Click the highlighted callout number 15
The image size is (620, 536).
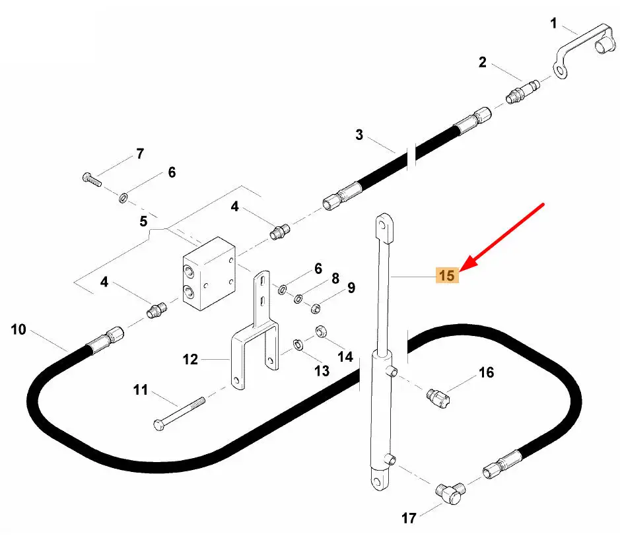(x=447, y=275)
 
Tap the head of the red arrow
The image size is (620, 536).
(x=462, y=269)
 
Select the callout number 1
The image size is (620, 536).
(x=554, y=24)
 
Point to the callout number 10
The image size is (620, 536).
(x=18, y=328)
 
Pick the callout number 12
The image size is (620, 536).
(x=190, y=360)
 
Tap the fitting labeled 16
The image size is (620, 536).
(x=436, y=396)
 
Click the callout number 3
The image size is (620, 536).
(x=359, y=135)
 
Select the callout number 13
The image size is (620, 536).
(x=322, y=371)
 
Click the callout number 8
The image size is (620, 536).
(x=335, y=279)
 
